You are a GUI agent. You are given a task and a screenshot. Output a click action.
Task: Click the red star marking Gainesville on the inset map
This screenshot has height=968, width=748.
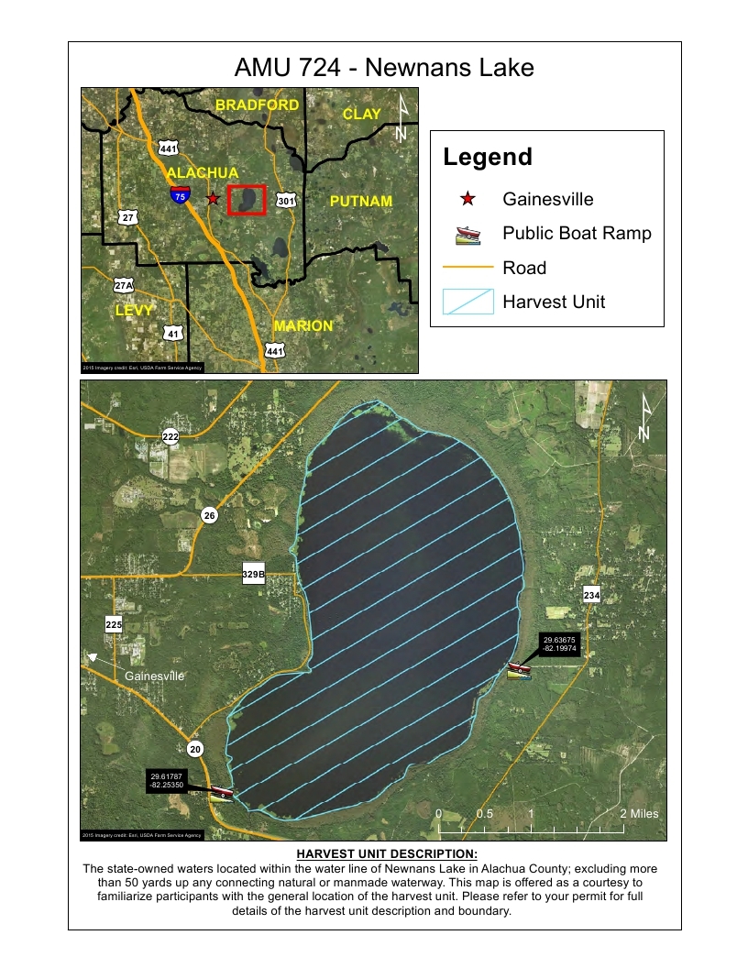point(213,198)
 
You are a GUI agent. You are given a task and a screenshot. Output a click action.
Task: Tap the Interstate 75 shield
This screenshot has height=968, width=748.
point(180,194)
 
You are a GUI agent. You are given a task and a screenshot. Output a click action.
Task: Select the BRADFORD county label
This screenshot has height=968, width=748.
point(257,105)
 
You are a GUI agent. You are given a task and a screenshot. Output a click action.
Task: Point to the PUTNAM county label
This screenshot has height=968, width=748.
point(360,201)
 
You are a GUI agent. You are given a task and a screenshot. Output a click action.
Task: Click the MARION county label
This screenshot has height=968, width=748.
point(302,325)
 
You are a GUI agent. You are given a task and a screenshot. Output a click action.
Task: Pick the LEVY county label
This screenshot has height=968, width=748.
point(134,312)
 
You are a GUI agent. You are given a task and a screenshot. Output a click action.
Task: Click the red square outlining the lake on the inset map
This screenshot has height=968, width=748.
point(246,199)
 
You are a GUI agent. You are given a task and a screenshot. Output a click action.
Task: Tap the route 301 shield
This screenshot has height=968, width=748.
point(287,200)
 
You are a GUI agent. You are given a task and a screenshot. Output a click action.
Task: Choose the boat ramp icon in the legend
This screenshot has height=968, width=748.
point(468,234)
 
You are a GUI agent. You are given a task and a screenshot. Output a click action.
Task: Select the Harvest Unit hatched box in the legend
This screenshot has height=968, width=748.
point(468,302)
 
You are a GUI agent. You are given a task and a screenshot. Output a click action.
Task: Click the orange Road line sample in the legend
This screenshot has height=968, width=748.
point(468,268)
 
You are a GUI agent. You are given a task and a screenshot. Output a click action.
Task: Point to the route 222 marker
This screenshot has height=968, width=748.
point(170,436)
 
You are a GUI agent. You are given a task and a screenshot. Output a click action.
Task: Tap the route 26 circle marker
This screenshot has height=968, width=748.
point(210,516)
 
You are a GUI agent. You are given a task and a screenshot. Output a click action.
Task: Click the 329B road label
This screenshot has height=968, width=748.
point(253,575)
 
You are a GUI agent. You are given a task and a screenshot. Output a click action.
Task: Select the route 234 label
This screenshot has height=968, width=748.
point(591,596)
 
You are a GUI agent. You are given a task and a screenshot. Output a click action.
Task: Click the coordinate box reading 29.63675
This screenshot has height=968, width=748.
point(559,644)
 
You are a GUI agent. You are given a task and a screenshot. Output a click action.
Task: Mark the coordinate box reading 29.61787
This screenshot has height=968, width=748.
point(167,780)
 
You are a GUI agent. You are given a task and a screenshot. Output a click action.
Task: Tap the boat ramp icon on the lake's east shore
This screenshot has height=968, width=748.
point(520,671)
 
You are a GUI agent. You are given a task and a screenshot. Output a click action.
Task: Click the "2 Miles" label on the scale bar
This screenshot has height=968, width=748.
point(639,814)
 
